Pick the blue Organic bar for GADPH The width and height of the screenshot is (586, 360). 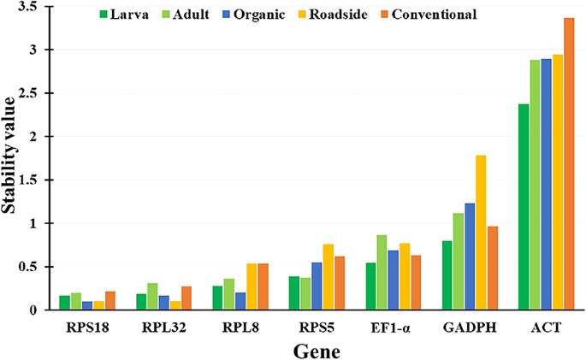click(x=470, y=257)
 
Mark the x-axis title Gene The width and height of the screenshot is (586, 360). click(x=317, y=350)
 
